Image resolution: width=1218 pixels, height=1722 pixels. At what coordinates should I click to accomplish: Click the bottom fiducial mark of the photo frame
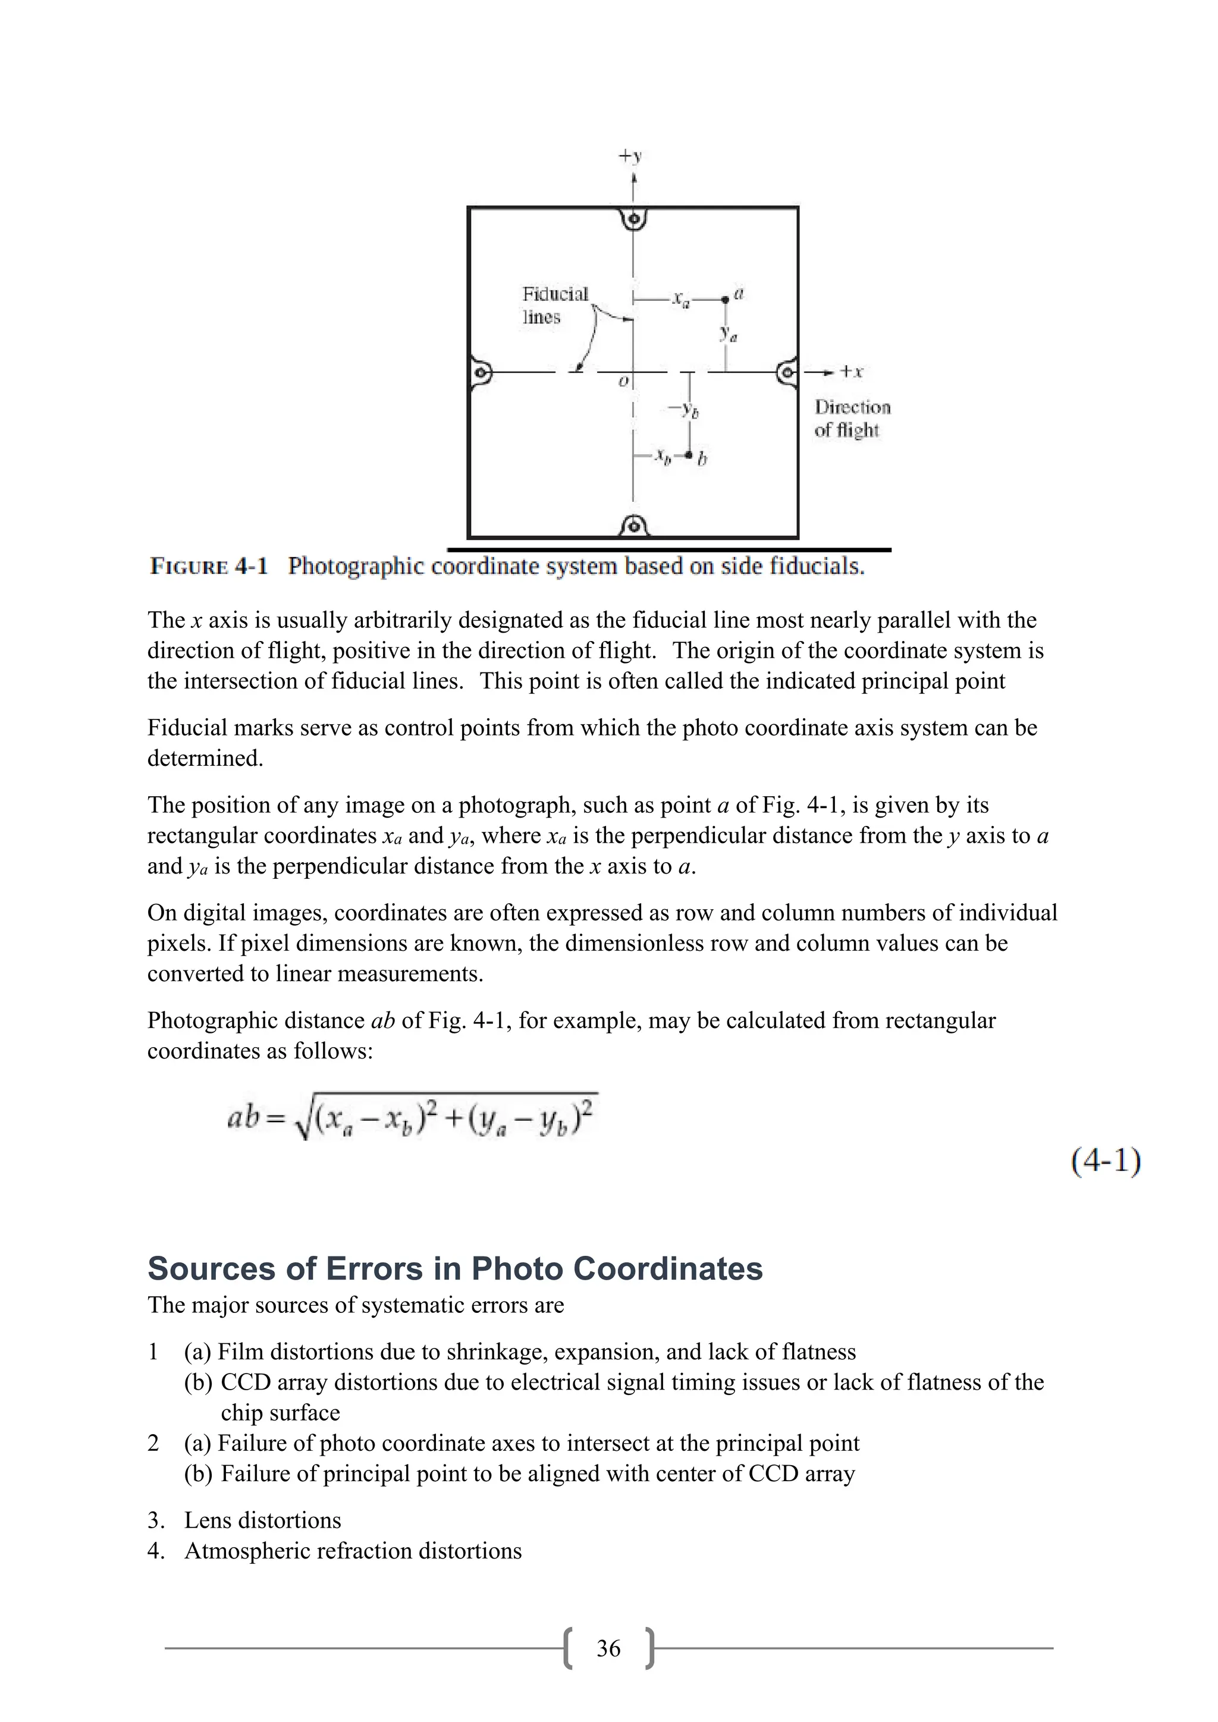coord(635,526)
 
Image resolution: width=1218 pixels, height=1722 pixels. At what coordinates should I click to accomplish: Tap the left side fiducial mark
coord(481,372)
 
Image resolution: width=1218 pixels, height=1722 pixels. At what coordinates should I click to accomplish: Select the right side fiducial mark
coord(787,372)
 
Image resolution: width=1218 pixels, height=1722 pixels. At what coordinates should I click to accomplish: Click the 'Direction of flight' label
coord(852,419)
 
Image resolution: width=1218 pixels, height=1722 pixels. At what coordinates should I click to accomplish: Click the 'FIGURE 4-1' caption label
coord(209,566)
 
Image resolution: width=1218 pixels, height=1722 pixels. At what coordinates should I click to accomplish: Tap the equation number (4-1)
coord(1106,1161)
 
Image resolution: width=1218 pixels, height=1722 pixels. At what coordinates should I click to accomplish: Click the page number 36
coord(608,1648)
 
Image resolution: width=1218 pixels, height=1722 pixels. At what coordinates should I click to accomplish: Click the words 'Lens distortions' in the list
coord(262,1520)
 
